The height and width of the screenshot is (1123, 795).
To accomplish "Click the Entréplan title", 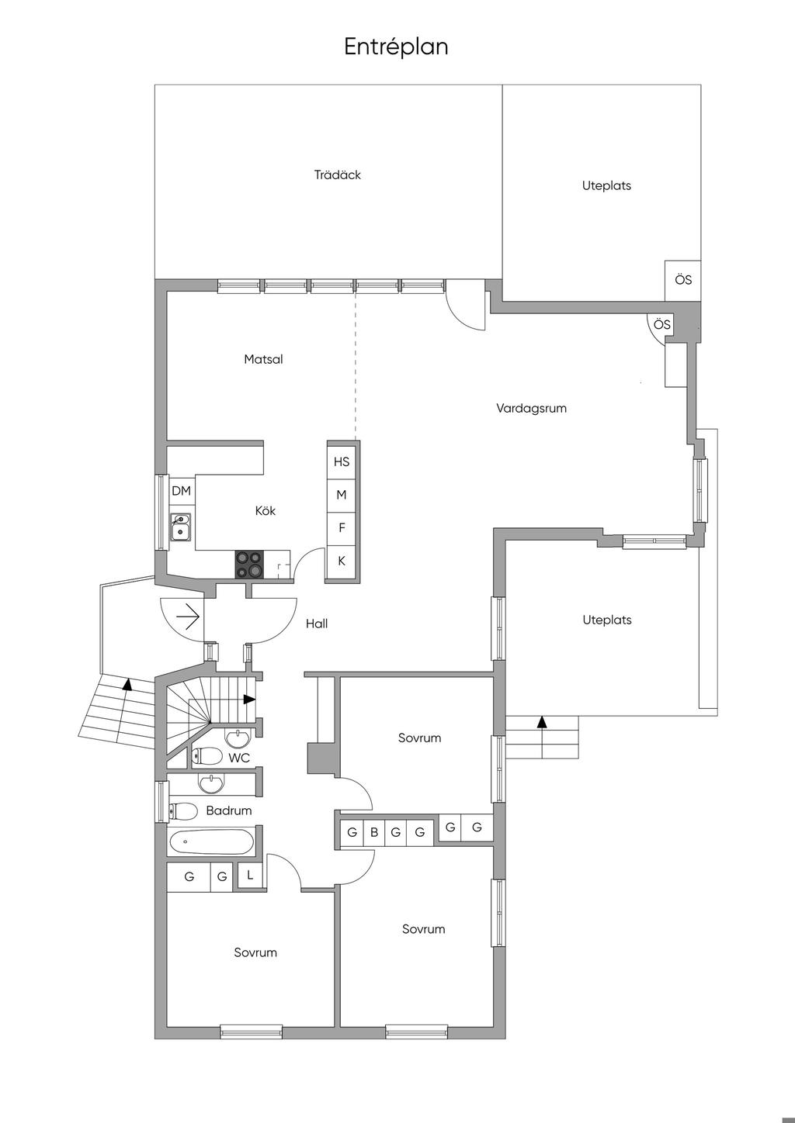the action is tap(396, 47).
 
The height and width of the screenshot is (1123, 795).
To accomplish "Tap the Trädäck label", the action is tap(337, 174).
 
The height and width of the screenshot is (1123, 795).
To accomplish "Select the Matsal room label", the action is tap(263, 359).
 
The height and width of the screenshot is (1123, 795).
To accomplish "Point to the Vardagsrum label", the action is tap(532, 408).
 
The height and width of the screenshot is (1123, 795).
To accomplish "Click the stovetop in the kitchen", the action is tap(249, 564).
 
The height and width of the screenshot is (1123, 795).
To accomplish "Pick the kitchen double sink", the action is tap(180, 527).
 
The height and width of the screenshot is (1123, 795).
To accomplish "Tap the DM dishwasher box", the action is tap(181, 490).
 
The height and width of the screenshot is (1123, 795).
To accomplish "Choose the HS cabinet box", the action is tap(342, 461).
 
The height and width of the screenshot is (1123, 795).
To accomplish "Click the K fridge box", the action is tap(342, 561).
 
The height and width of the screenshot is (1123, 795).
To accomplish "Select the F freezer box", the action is tap(342, 527).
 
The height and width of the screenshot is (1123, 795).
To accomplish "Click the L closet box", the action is tap(249, 876).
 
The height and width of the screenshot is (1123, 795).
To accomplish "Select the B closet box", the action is tap(374, 833).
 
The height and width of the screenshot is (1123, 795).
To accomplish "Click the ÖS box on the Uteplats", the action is tap(682, 280).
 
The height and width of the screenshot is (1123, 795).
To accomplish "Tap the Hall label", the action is tap(317, 624).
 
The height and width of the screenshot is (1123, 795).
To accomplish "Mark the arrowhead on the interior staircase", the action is tap(250, 700).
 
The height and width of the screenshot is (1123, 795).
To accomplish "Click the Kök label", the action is tap(266, 510).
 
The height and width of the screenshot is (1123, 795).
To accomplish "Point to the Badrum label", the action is tap(229, 810).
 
